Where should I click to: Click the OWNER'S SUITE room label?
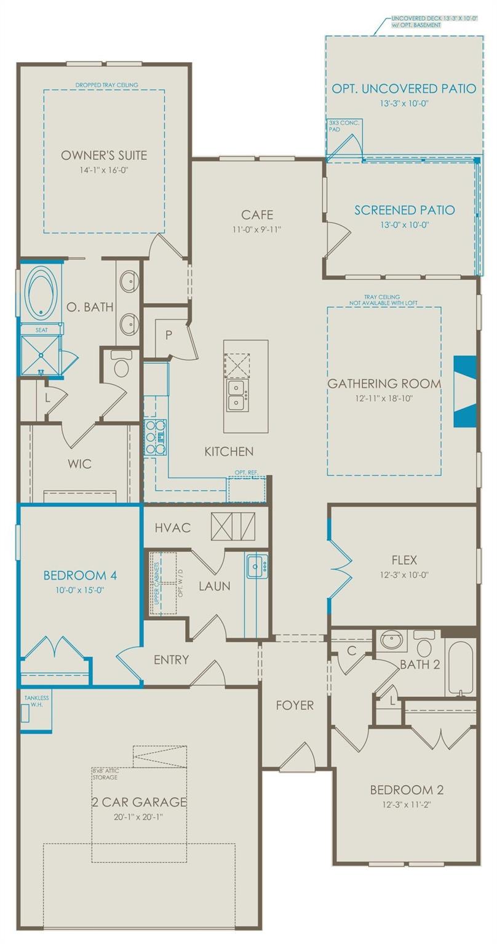pos(104,155)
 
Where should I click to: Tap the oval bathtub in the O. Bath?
pos(41,291)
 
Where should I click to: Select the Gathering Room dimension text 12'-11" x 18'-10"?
pos(384,398)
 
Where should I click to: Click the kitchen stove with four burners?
pos(155,436)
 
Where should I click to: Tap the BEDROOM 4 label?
pos(80,576)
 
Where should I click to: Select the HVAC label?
pos(173,528)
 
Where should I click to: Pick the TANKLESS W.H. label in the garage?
pos(36,701)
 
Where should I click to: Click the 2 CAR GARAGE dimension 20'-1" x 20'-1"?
pos(138,817)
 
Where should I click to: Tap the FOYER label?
pos(295,706)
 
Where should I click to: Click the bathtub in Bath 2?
pos(459,668)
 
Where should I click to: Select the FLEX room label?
pos(404,560)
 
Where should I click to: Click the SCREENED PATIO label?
pos(404,210)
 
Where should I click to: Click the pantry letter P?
pos(169,335)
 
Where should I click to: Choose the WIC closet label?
pos(80,463)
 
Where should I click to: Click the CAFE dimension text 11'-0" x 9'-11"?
pos(256,230)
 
